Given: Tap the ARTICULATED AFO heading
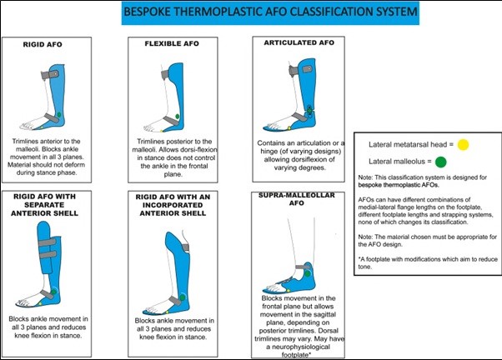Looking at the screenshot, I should click(295, 41).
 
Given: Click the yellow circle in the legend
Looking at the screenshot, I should click(463, 143).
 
